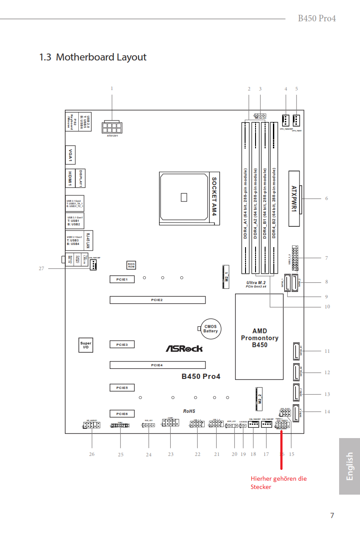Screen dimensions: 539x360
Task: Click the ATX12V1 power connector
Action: click(x=112, y=127)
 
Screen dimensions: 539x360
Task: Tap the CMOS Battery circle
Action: click(x=211, y=328)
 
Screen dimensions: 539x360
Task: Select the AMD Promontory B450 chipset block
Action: click(x=259, y=337)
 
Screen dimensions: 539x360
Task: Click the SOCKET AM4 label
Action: click(x=214, y=196)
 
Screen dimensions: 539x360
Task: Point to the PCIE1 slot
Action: click(x=122, y=279)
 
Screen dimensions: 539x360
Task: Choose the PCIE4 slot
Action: click(x=157, y=365)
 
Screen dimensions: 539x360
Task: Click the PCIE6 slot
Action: click(x=122, y=414)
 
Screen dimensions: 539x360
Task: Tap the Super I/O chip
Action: click(x=86, y=345)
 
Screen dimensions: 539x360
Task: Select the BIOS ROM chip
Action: click(x=131, y=265)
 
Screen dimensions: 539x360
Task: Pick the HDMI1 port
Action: click(x=70, y=178)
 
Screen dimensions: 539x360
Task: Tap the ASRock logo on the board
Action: click(x=184, y=348)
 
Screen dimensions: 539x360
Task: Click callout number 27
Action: click(x=41, y=268)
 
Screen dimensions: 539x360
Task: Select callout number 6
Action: click(x=326, y=199)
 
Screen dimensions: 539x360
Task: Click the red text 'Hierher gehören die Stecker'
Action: click(x=279, y=482)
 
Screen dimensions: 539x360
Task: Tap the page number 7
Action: click(x=332, y=516)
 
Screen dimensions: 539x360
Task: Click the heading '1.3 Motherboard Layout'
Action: click(x=93, y=57)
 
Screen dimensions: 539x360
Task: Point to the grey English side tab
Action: click(x=350, y=466)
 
